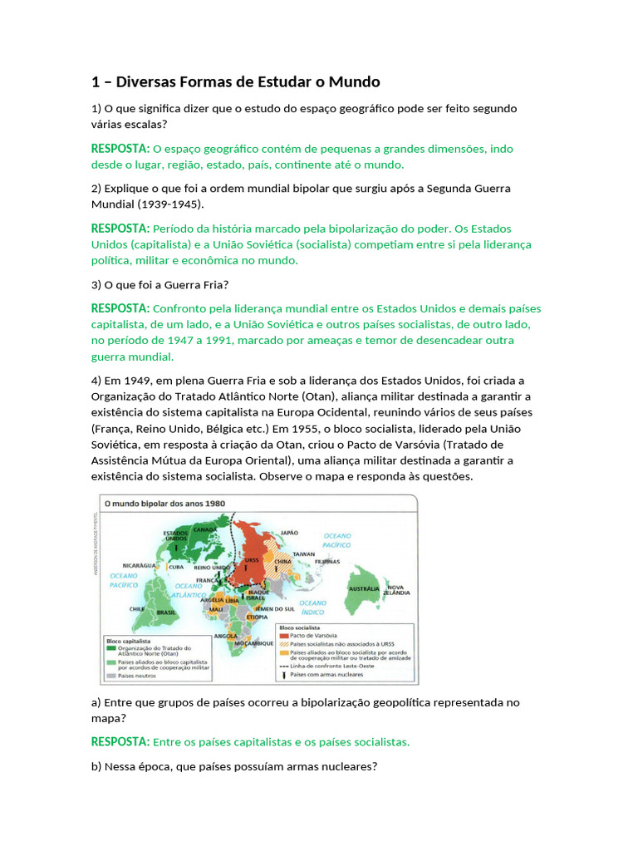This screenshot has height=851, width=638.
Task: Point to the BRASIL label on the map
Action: coord(166,612)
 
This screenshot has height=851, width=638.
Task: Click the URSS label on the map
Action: coord(252,561)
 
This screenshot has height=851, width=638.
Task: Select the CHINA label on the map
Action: coord(283,561)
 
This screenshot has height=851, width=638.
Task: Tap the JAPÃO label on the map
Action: coord(289,533)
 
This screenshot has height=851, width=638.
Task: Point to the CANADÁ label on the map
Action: coord(204,529)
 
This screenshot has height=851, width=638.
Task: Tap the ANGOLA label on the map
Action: coord(226,636)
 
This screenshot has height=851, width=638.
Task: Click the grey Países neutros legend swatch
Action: coord(110,676)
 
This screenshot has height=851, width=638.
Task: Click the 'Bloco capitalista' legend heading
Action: coord(127,641)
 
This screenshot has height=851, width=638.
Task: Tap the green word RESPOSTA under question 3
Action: coord(120,308)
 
